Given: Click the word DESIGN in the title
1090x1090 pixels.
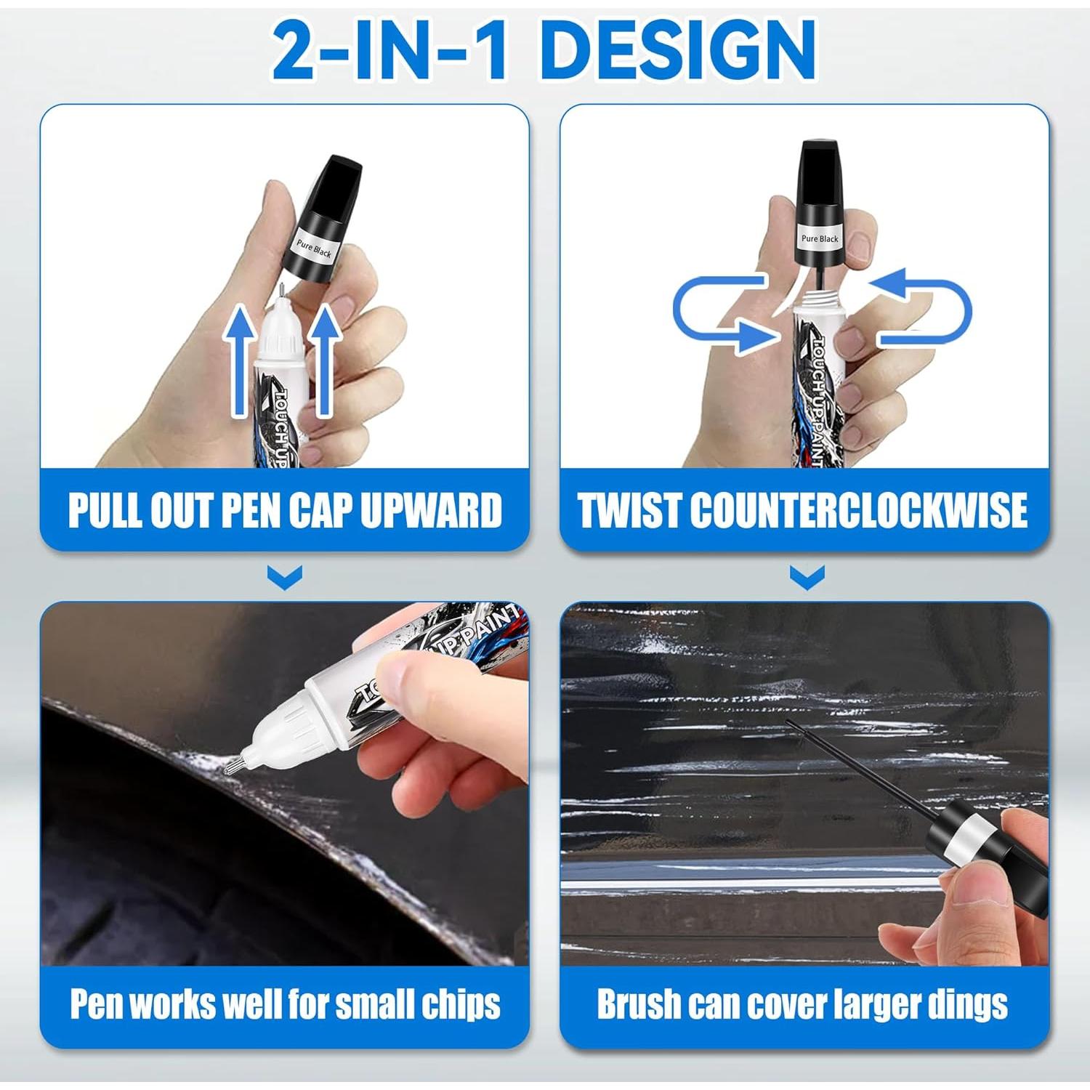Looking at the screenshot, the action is (x=679, y=49).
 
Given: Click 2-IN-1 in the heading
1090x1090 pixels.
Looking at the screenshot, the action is (x=389, y=49).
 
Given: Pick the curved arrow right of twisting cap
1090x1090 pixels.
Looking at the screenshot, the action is (x=926, y=309).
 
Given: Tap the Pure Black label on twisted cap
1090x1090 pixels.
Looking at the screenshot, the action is (x=820, y=238).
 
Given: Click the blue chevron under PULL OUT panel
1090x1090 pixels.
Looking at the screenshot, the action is (x=284, y=578).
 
